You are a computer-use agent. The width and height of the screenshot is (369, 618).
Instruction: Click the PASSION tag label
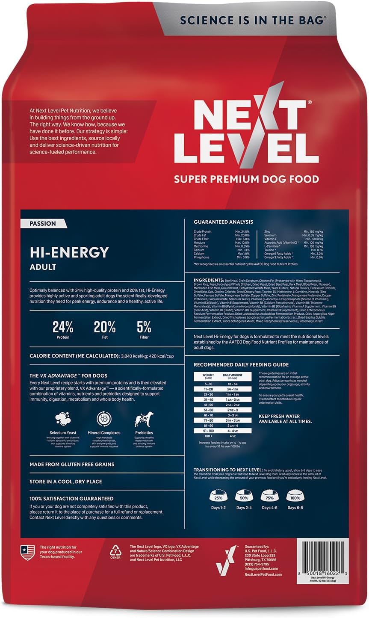pos(43,223)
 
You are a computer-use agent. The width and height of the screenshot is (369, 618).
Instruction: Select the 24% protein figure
pos(63,328)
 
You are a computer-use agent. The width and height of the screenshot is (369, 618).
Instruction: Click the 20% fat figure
pos(105,328)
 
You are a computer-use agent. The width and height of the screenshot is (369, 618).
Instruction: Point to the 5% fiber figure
pos(144,328)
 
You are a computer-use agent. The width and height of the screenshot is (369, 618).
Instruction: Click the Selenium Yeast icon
pos(63,419)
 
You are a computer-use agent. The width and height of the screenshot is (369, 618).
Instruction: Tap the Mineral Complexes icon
pos(104,419)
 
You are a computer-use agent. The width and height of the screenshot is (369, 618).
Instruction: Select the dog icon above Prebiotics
pos(143,419)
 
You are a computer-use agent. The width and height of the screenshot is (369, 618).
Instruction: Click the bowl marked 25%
pos(218,497)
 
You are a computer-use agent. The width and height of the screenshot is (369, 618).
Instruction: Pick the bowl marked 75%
pos(269,497)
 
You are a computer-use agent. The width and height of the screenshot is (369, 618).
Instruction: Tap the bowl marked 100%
pos(295,497)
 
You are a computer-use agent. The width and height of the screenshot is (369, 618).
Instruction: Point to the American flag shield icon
pos(28,552)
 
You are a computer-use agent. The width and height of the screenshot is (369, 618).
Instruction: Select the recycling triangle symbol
pos(115,550)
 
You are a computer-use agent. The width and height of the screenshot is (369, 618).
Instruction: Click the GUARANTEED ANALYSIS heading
pos(223,222)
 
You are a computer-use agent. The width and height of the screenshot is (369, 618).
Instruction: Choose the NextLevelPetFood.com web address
pos(263,574)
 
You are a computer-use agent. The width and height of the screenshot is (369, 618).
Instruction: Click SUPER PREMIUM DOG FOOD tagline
pos(246,179)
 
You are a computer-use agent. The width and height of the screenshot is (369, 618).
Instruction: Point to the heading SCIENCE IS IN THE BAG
pos(252,20)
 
